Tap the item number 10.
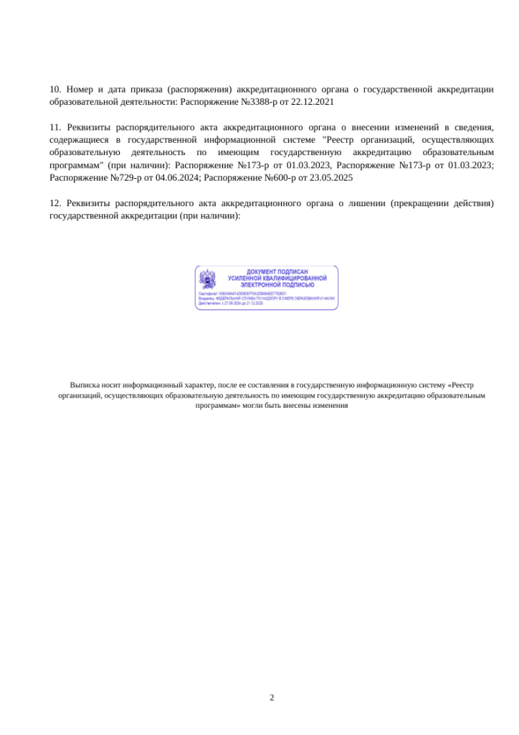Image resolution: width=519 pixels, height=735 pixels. click(54, 90)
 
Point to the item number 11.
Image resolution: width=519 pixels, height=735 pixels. click(54, 128)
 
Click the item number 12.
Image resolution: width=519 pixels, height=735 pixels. click(54, 203)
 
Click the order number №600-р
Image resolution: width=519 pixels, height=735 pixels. click(283, 177)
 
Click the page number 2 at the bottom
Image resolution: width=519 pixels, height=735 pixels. click(272, 697)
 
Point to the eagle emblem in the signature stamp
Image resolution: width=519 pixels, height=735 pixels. click(207, 278)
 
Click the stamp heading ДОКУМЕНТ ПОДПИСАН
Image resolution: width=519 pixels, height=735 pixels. click(277, 271)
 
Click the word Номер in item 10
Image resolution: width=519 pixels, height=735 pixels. click(80, 90)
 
